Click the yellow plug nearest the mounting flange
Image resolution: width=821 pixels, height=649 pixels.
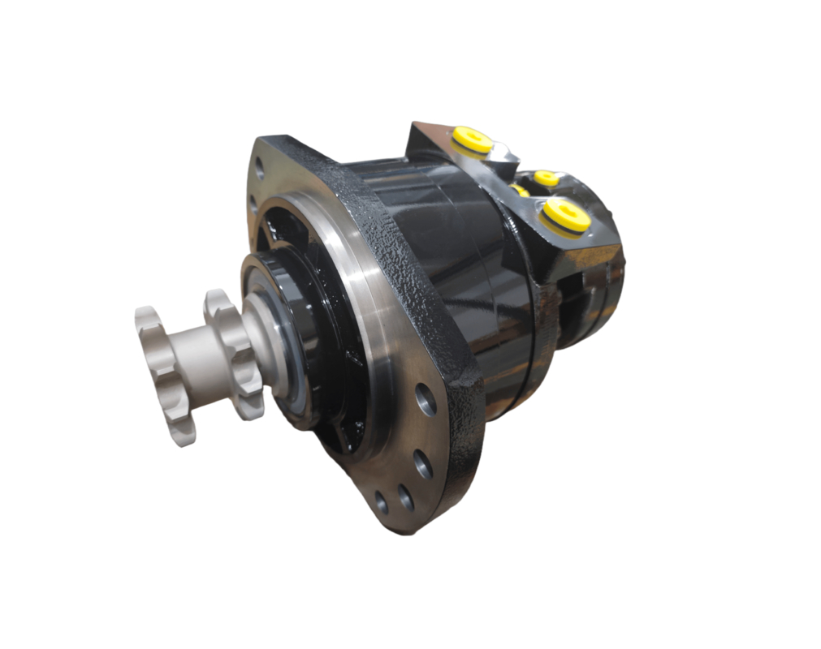coord(472,139)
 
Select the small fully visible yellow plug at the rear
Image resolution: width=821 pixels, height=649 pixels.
coord(547,178)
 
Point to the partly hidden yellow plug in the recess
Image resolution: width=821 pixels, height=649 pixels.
coord(520,191)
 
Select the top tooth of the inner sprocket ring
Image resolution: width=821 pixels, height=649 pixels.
coord(218,303)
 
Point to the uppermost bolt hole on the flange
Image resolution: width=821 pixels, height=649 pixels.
coord(259,169)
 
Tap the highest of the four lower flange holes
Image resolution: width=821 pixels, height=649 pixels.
coord(426,398)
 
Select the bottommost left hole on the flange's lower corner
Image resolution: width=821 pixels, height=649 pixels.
coord(381,502)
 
